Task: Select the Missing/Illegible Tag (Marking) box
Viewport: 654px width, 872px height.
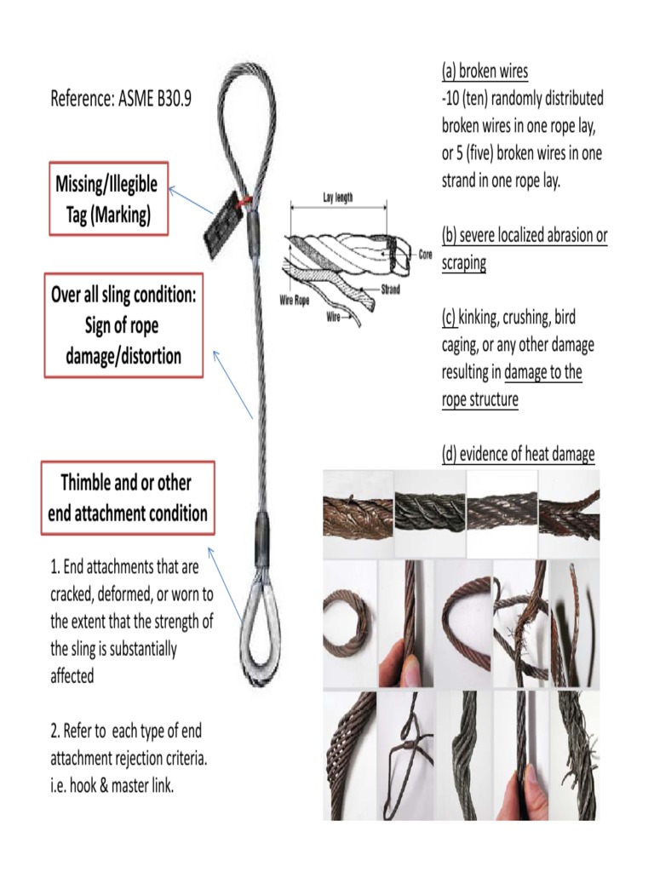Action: (x=108, y=199)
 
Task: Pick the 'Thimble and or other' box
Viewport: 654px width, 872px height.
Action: (x=127, y=498)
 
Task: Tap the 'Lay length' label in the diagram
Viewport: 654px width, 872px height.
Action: (x=338, y=198)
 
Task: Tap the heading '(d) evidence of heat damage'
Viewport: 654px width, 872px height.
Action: (x=518, y=455)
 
